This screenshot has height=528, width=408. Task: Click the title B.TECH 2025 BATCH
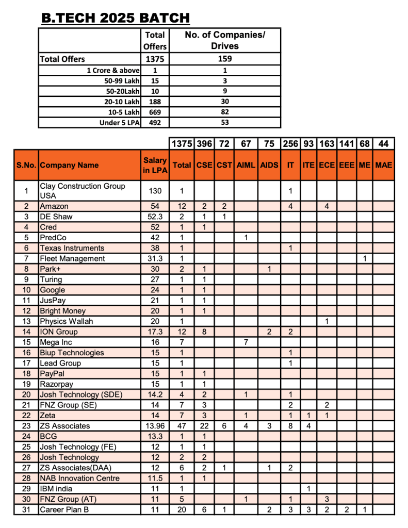tap(116, 19)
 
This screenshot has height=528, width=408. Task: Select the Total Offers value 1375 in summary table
tap(155, 59)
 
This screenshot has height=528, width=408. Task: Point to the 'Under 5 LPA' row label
tap(119, 123)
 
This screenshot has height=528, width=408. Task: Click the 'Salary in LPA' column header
tap(155, 166)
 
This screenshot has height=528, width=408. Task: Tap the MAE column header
tap(383, 166)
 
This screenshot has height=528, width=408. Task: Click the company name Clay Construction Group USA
tap(82, 191)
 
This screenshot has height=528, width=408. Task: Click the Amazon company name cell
tap(54, 206)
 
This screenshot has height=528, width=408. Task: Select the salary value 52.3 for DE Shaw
tap(155, 217)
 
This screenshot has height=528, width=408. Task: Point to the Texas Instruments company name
tap(72, 248)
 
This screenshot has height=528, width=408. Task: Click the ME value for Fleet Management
tap(365, 258)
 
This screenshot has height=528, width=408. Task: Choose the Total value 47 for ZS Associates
tap(182, 426)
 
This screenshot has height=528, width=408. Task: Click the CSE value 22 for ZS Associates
tap(204, 426)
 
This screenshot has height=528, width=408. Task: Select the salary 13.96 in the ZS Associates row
tap(155, 426)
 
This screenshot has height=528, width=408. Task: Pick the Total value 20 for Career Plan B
tap(182, 509)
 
